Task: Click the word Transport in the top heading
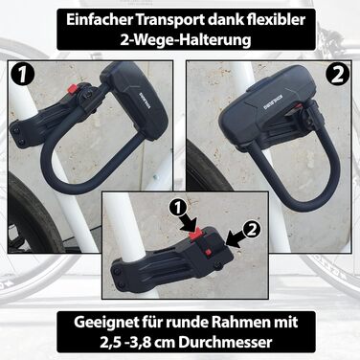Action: coord(170,20)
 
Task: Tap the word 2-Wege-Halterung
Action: coord(186,40)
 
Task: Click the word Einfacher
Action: coord(100,19)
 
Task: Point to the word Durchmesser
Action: coord(225,342)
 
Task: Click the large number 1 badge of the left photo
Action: coord(21,75)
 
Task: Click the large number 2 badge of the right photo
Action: coord(338,76)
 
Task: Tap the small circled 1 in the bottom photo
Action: coord(180,211)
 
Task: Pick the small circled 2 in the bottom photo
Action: coord(252,230)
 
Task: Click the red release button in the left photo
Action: coord(72,88)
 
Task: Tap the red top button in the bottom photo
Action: coord(195,235)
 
